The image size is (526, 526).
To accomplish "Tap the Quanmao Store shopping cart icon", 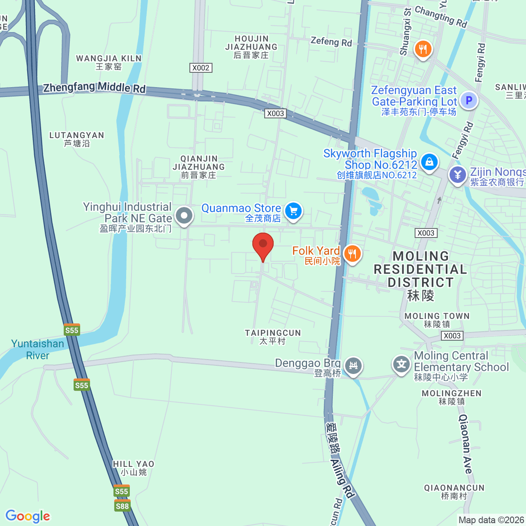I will coord(293,211).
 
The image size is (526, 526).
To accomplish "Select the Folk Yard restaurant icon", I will coord(352,253).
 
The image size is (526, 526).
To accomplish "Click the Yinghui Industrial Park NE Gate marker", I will coord(184,215).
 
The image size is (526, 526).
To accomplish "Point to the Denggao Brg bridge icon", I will coord(353,365).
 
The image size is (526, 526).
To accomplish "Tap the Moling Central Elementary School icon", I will coord(401,364).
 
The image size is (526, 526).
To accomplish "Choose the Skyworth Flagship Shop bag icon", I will coord(429,162).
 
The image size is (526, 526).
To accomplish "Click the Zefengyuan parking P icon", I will coord(469,100).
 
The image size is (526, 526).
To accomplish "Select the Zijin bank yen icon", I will coord(458,174).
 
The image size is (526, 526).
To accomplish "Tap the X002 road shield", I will coord(201,68).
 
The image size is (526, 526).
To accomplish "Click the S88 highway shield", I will coord(122,506).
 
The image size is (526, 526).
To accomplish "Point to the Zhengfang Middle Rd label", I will coord(94,87).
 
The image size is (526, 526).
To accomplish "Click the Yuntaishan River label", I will coord(38,349).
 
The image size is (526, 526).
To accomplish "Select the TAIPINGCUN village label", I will coord(273,337).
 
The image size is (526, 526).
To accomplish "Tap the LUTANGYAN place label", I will coord(77,139).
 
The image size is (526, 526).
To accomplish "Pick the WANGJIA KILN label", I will coord(109,62).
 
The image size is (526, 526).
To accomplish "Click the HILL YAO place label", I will coord(134,468).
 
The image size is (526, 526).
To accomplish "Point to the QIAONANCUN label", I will coord(454,491).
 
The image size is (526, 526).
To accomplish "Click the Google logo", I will coord(28,516).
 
